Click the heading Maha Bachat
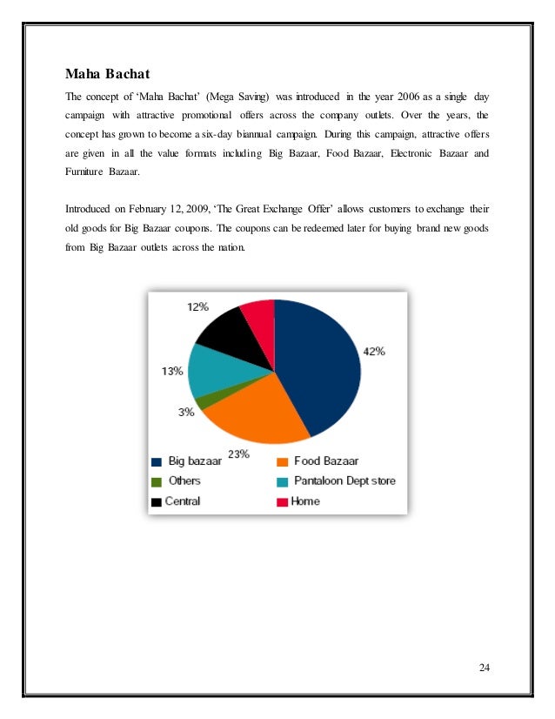(108, 73)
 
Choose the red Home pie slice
(259, 312)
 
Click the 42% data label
(374, 352)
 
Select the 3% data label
(186, 413)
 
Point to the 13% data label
(171, 371)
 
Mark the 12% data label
(196, 306)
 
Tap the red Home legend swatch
(283, 501)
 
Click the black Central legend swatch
(157, 501)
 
